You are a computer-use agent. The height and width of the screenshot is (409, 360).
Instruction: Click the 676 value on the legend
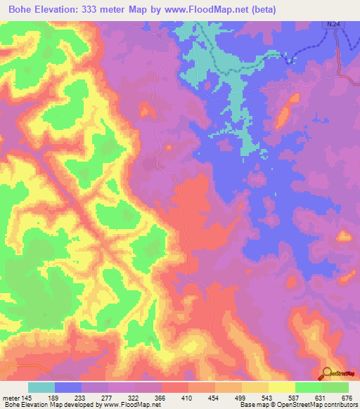345,398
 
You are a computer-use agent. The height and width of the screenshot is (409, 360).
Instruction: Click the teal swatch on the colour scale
41,387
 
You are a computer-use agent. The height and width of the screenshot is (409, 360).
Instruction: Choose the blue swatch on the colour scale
68,387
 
